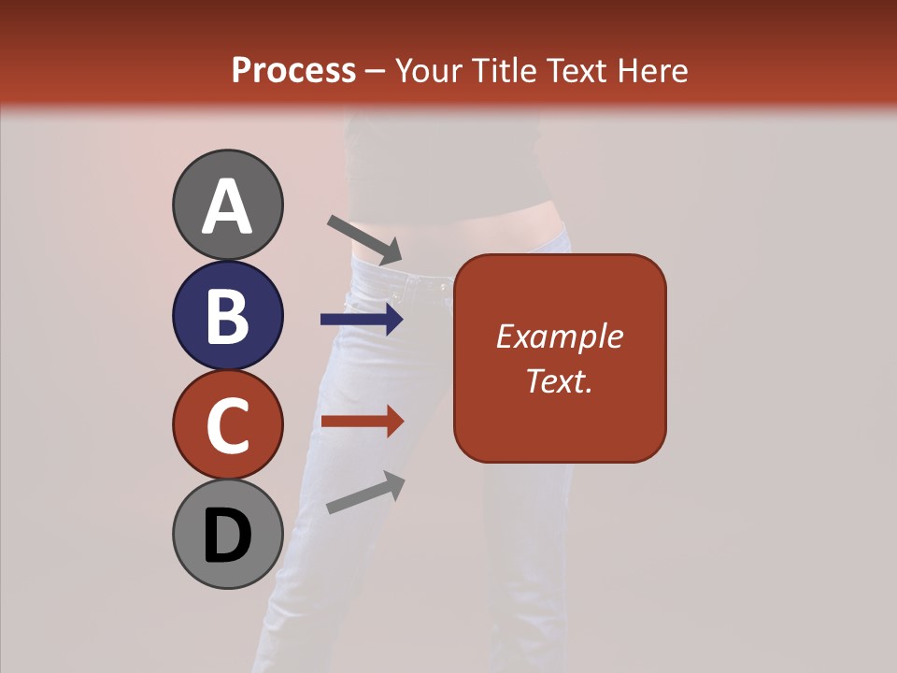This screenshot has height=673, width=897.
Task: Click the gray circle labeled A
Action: (x=227, y=205)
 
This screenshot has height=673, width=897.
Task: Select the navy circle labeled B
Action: (x=227, y=315)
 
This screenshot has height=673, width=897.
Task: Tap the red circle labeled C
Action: (x=227, y=424)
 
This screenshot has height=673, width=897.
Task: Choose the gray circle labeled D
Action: (x=227, y=534)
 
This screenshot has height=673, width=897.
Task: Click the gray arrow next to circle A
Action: (x=364, y=239)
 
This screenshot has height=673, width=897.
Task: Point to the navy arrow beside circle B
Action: (x=362, y=320)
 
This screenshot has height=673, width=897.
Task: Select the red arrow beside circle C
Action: (x=362, y=421)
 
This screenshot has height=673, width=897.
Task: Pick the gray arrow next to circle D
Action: (x=365, y=493)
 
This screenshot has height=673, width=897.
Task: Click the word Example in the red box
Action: (x=559, y=336)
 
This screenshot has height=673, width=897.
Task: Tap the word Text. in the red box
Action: (x=559, y=380)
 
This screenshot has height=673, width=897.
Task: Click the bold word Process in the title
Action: (x=293, y=70)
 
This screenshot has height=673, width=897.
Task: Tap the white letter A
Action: (x=227, y=207)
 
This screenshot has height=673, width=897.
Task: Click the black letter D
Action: (x=227, y=536)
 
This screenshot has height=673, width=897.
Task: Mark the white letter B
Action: (x=227, y=316)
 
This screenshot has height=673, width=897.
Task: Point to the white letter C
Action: (x=227, y=425)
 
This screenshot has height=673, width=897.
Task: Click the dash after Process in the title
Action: (x=375, y=71)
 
